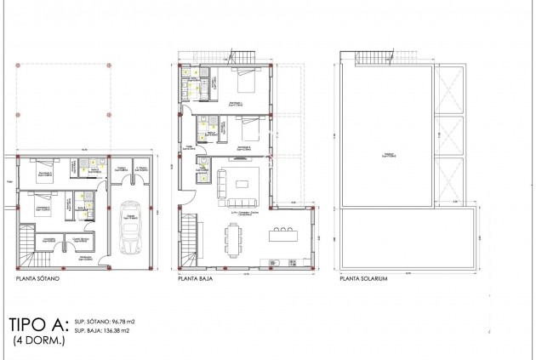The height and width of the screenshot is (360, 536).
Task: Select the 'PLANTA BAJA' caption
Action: point(195,278)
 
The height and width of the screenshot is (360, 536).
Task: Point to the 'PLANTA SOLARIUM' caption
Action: point(363,278)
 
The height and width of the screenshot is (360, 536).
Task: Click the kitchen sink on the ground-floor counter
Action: point(274,260)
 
